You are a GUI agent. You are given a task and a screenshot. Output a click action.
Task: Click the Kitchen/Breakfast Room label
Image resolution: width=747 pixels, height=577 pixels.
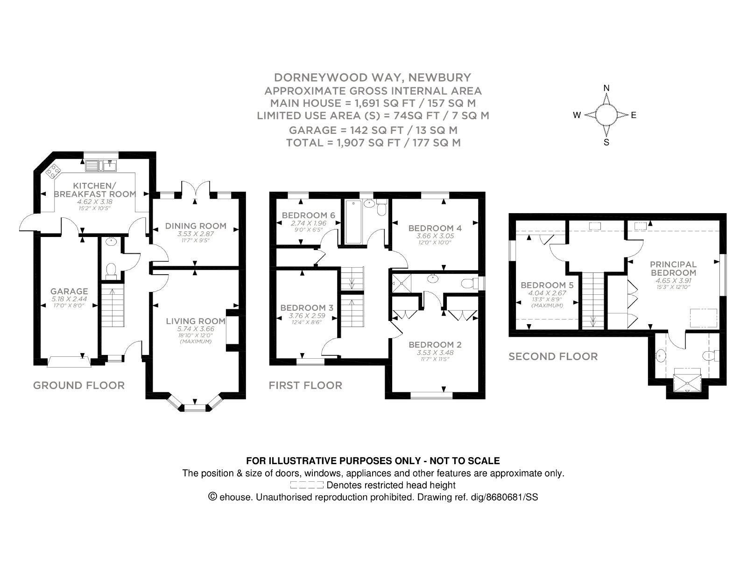point(95,190)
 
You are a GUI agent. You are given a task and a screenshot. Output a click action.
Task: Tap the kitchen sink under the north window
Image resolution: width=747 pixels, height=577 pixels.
point(101,166)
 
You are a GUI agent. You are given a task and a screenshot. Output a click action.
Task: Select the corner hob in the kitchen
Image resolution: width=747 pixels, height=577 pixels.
point(53,171)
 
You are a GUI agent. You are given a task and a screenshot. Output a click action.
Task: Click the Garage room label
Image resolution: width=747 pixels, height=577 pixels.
point(69,291)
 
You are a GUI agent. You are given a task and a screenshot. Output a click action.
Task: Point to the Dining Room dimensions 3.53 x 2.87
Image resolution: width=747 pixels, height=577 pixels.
point(196,234)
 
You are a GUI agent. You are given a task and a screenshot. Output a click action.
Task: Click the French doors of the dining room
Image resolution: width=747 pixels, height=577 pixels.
point(196,189)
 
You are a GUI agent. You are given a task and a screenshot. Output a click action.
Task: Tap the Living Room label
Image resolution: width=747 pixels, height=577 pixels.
point(196,321)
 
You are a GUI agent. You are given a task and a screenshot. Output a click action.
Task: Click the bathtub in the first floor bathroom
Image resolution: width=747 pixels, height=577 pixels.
point(353,222)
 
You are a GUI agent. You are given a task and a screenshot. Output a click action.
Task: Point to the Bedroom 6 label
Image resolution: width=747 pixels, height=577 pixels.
point(308,216)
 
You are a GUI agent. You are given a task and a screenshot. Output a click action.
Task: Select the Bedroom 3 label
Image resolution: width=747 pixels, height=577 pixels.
point(307,308)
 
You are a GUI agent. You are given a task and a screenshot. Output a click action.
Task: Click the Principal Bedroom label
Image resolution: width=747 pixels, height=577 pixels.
point(673,269)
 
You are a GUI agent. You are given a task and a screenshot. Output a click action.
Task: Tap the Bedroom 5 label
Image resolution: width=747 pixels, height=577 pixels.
point(547,285)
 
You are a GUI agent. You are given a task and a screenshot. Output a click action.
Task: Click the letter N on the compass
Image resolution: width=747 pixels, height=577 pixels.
point(606,88)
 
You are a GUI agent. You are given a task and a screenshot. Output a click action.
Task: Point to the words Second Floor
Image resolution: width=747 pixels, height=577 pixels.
point(553,356)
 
